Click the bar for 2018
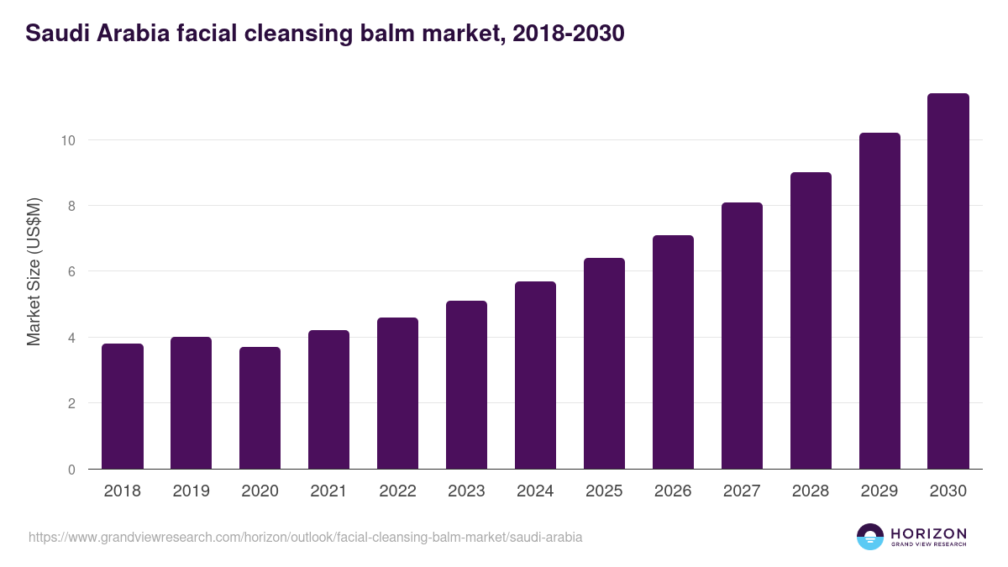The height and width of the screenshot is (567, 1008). [123, 407]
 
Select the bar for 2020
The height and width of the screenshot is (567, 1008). [260, 408]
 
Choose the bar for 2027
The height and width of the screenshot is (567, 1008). [742, 336]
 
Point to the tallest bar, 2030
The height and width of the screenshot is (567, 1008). [948, 281]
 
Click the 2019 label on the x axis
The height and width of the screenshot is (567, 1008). [192, 491]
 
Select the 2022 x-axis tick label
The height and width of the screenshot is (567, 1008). [397, 491]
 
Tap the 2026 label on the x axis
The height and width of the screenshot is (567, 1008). [673, 491]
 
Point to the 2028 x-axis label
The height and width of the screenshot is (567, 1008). [811, 491]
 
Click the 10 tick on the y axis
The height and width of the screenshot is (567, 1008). [68, 140]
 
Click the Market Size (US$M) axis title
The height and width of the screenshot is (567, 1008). [34, 271]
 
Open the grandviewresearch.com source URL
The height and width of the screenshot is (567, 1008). [306, 537]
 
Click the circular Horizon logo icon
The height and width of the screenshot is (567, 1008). [870, 537]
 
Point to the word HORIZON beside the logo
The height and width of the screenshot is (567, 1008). [928, 533]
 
